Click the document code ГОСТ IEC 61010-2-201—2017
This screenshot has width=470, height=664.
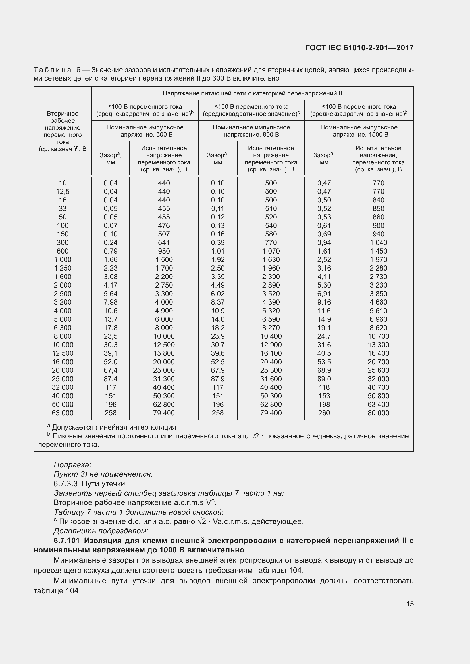click(x=359, y=48)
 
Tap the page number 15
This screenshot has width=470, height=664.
click(x=410, y=604)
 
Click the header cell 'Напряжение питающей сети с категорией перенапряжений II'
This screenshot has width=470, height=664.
click(x=252, y=93)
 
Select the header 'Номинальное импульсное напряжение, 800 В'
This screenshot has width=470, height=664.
click(x=251, y=131)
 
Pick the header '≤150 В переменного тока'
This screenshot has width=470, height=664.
click(x=251, y=107)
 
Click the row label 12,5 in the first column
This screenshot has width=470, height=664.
click(x=63, y=191)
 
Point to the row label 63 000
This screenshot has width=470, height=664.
click(x=63, y=413)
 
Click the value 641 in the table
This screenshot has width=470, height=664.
click(x=164, y=243)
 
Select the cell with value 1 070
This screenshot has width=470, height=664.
click(x=271, y=251)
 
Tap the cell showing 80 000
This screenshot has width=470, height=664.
click(x=378, y=413)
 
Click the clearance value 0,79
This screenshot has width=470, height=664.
click(x=111, y=251)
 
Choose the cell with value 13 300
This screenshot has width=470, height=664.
click(x=378, y=345)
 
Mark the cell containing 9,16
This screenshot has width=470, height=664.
click(x=324, y=302)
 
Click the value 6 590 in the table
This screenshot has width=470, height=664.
click(x=271, y=319)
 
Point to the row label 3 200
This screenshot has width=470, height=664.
click(x=63, y=302)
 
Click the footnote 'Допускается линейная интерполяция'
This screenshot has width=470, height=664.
click(x=115, y=428)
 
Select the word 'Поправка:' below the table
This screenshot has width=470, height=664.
click(x=73, y=465)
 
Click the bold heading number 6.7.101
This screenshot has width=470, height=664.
click(x=66, y=541)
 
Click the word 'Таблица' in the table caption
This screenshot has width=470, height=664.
click(x=52, y=70)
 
